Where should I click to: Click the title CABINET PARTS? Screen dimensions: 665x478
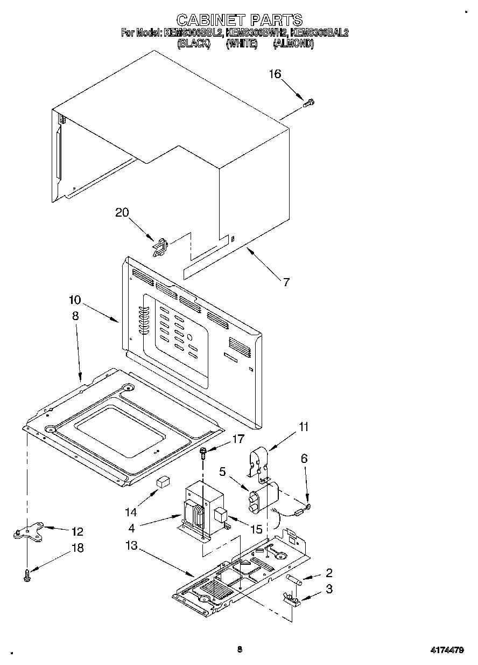pyautogui.click(x=239, y=20)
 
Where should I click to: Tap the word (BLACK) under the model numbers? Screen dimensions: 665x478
pyautogui.click(x=193, y=44)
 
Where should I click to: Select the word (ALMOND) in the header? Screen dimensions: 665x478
pyautogui.click(x=293, y=44)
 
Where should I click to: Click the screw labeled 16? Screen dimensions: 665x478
pyautogui.click(x=310, y=102)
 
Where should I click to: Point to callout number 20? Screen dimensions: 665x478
pyautogui.click(x=122, y=212)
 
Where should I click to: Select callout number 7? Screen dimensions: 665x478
pyautogui.click(x=286, y=282)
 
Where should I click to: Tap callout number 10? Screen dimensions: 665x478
pyautogui.click(x=75, y=300)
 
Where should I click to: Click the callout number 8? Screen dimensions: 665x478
pyautogui.click(x=75, y=316)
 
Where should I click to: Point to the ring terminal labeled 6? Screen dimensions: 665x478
pyautogui.click(x=309, y=505)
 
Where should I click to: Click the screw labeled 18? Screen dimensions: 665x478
pyautogui.click(x=26, y=576)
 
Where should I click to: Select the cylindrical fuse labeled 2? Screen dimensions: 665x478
pyautogui.click(x=295, y=579)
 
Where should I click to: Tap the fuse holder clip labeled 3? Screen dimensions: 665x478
pyautogui.click(x=291, y=598)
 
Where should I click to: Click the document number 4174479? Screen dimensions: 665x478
pyautogui.click(x=446, y=650)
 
